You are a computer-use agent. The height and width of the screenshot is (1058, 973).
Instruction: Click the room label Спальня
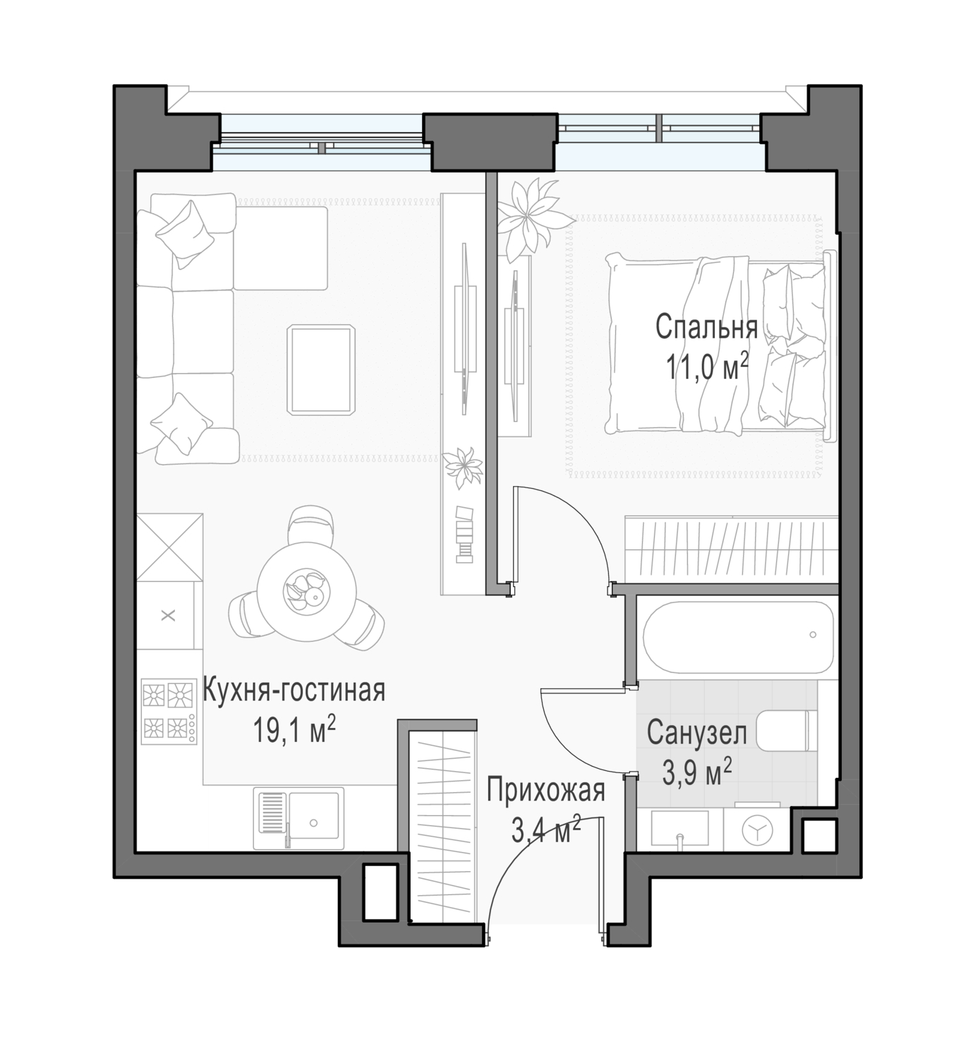click(706, 327)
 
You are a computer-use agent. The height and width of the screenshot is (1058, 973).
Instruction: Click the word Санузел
click(696, 733)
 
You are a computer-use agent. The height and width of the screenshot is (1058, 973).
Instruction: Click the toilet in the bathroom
click(787, 730)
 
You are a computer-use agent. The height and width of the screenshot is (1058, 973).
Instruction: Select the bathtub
click(738, 637)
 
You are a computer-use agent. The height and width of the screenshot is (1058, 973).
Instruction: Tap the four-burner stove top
click(169, 710)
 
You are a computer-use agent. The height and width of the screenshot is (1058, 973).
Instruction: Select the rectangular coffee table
click(321, 370)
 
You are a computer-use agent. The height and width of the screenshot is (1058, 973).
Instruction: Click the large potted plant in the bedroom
click(533, 218)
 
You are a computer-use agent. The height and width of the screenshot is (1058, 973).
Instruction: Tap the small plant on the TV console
click(463, 467)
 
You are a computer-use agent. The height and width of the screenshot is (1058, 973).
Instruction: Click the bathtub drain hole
click(813, 635)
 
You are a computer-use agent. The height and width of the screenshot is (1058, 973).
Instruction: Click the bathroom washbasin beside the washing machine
click(679, 829)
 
